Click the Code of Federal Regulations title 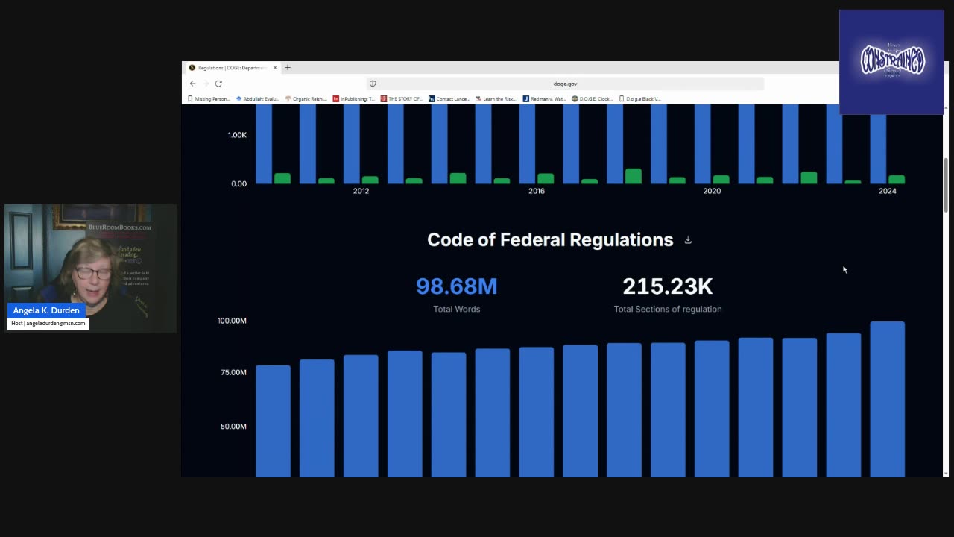549,239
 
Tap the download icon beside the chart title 688,240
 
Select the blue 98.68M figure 456,286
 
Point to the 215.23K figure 667,286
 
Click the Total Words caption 456,309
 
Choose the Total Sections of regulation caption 667,309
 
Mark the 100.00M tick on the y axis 232,321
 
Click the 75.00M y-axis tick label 233,372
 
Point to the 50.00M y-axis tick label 233,427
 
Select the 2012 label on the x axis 361,191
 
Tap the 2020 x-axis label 712,191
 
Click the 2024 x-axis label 887,191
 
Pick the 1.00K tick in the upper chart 236,135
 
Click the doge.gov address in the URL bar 565,84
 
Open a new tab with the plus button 288,68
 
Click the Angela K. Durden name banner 46,310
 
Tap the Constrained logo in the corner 891,61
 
